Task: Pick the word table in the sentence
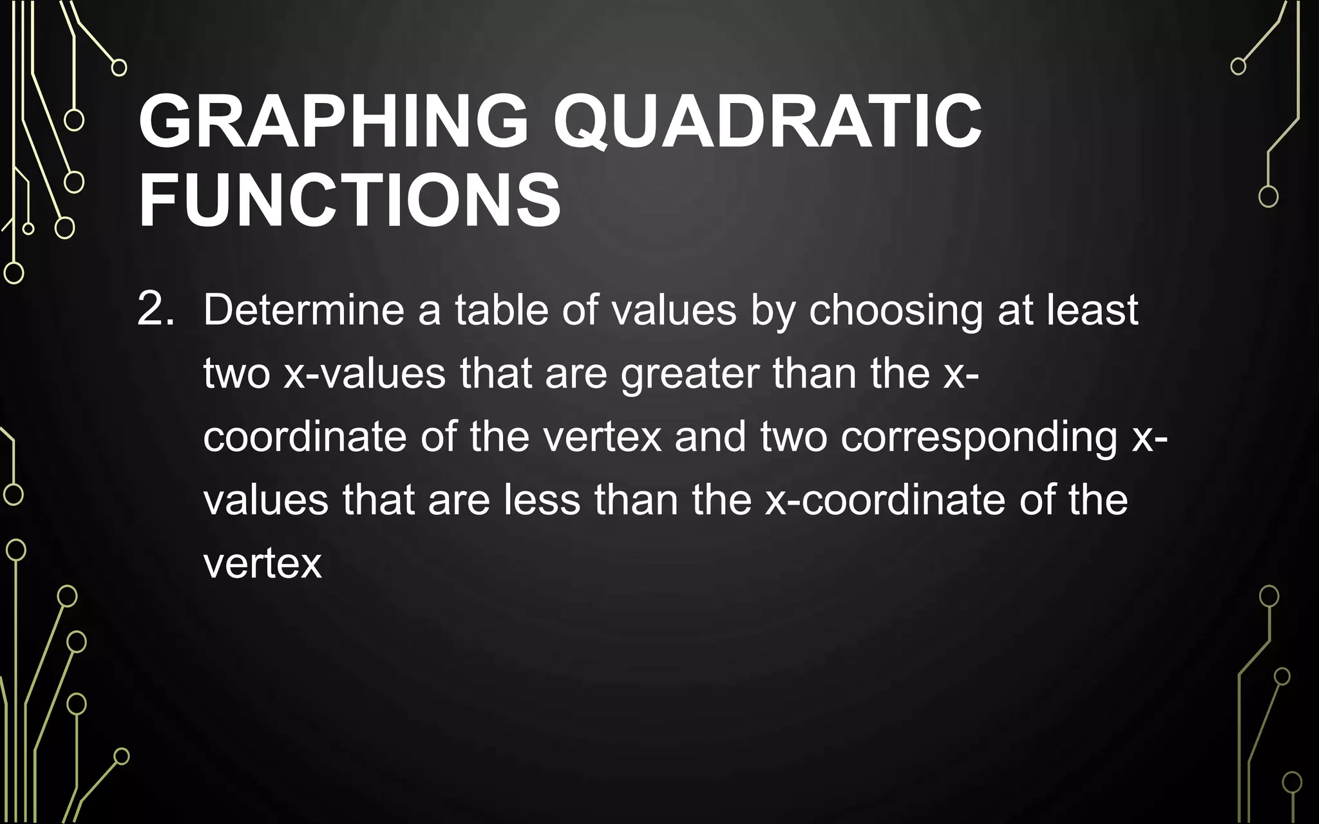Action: pos(502,310)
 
